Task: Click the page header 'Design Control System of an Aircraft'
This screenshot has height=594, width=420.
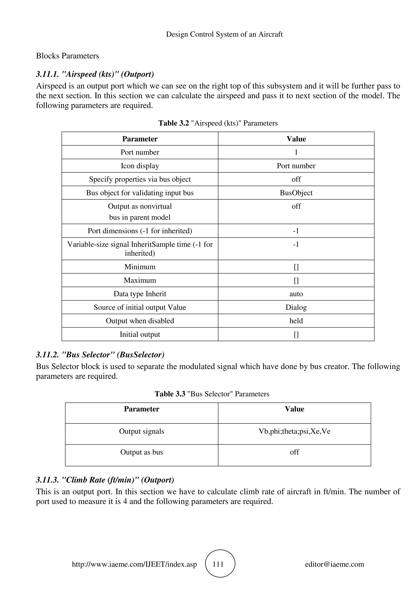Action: pos(224,34)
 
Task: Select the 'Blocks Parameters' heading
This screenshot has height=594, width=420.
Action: pos(67,56)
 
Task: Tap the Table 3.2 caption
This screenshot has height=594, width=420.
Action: pos(218,123)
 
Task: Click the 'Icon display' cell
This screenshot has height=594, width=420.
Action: pos(140,166)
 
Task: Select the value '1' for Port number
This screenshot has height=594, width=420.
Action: pos(296,152)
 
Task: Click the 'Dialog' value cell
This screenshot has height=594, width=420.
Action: pos(296,307)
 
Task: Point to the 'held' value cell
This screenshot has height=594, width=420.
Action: pos(296,321)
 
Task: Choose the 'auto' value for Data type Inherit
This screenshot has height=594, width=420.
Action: pos(296,294)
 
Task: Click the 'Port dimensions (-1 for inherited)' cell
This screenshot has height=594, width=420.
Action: pos(140,231)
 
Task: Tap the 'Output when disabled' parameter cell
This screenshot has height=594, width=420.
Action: pos(140,321)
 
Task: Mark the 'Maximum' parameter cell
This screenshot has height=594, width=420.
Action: pos(140,280)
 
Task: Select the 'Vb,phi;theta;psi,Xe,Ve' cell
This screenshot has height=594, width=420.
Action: pos(294,431)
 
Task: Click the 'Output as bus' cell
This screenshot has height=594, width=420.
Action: pos(142,452)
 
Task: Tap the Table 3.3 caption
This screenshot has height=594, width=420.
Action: pos(212,394)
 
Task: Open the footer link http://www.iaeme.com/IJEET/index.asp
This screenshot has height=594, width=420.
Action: pos(134,564)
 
